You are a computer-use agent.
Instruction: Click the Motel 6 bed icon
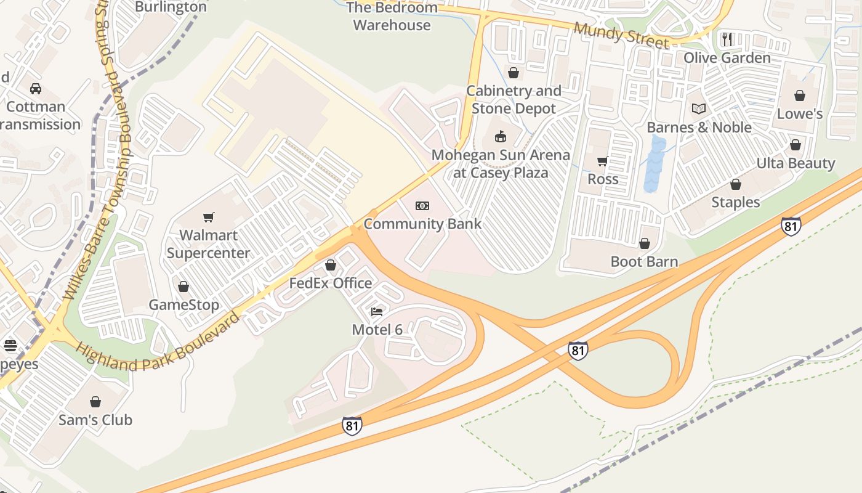(x=377, y=312)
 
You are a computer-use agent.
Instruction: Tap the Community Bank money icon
(x=422, y=206)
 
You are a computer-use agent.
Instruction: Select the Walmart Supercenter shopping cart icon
(x=209, y=217)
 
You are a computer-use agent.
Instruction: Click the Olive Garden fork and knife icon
(x=727, y=39)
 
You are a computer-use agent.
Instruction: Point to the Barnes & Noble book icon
(x=698, y=109)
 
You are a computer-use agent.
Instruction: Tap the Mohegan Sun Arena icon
(x=499, y=136)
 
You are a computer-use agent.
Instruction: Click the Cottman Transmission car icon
(x=36, y=89)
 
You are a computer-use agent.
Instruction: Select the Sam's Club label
(x=95, y=420)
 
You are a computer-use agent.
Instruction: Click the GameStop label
(x=183, y=305)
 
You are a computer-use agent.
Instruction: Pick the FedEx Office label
(x=331, y=283)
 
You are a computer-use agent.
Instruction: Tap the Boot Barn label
(x=644, y=262)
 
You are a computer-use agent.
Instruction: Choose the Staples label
(x=736, y=203)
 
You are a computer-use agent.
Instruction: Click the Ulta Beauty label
(x=796, y=164)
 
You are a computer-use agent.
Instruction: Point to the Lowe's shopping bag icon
(x=800, y=96)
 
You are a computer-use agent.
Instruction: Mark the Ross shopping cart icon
(x=602, y=161)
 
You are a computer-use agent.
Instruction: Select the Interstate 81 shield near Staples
(x=791, y=226)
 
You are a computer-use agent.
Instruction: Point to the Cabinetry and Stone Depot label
(x=514, y=100)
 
